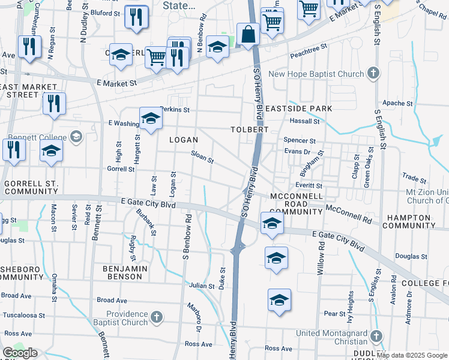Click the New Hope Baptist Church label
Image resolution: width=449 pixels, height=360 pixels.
tap(316, 74)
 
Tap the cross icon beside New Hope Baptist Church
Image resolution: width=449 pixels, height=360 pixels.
tap(373, 74)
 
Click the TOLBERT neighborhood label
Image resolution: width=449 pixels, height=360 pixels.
tap(249, 130)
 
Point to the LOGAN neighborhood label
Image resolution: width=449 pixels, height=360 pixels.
tap(183, 139)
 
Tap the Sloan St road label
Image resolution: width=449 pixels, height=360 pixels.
tap(202, 157)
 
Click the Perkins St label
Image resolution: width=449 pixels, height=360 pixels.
tap(175, 110)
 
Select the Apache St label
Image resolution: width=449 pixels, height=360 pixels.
tap(397, 103)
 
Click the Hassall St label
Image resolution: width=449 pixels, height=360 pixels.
tap(304, 121)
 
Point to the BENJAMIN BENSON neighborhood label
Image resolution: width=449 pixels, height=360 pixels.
tap(125, 272)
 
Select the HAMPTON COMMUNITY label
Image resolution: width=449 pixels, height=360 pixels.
tap(409, 221)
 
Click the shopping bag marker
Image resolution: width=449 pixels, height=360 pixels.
tap(248, 35)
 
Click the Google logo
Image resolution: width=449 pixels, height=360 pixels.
tap(20, 353)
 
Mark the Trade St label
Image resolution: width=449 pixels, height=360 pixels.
tap(414, 179)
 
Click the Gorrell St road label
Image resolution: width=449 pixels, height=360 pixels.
tap(121, 169)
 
